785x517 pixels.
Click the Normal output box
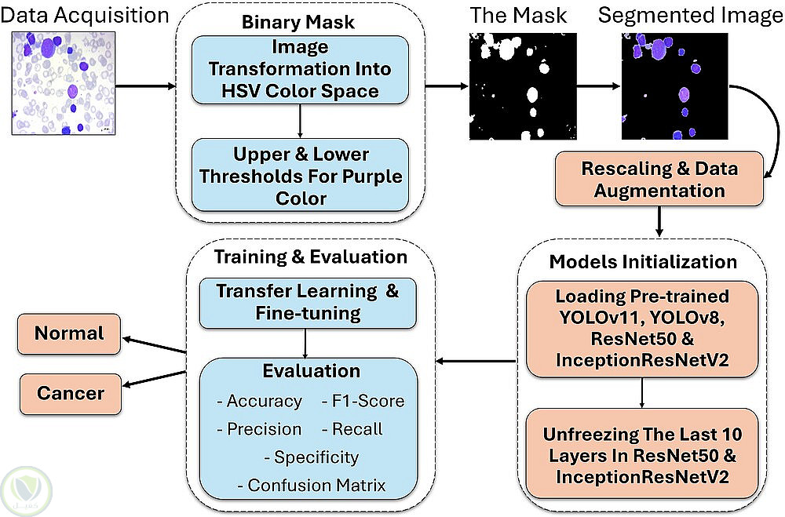pyautogui.click(x=69, y=333)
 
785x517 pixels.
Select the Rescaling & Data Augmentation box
pyautogui.click(x=659, y=180)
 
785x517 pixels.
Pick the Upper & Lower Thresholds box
pyautogui.click(x=301, y=175)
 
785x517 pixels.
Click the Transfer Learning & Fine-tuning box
pyautogui.click(x=307, y=302)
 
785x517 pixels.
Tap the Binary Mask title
pyautogui.click(x=301, y=22)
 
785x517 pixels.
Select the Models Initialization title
pyautogui.click(x=642, y=261)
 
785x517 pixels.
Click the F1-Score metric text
pyautogui.click(x=363, y=401)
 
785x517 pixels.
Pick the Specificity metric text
pyautogui.click(x=312, y=457)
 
